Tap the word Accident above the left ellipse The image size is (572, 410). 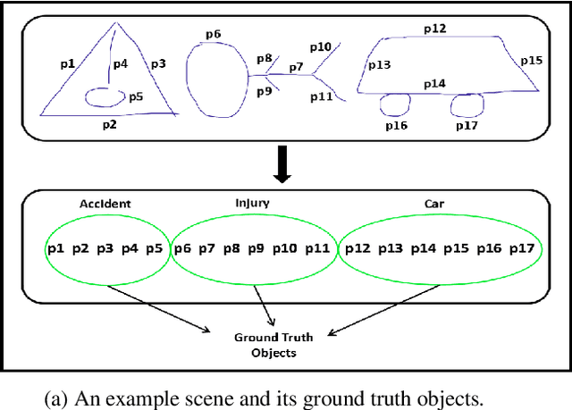pos(105,204)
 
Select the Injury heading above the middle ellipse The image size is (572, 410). pos(253,204)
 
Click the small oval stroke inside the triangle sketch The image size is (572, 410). pos(101,96)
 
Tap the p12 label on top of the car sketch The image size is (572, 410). pos(434,29)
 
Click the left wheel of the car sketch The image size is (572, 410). pos(395,105)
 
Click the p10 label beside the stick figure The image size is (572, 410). pos(320,46)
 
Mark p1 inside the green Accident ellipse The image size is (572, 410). pos(56,247)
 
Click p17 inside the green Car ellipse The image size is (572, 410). pos(522,247)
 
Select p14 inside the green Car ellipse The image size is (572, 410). pos(423,247)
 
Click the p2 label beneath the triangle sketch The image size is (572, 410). pos(109,126)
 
